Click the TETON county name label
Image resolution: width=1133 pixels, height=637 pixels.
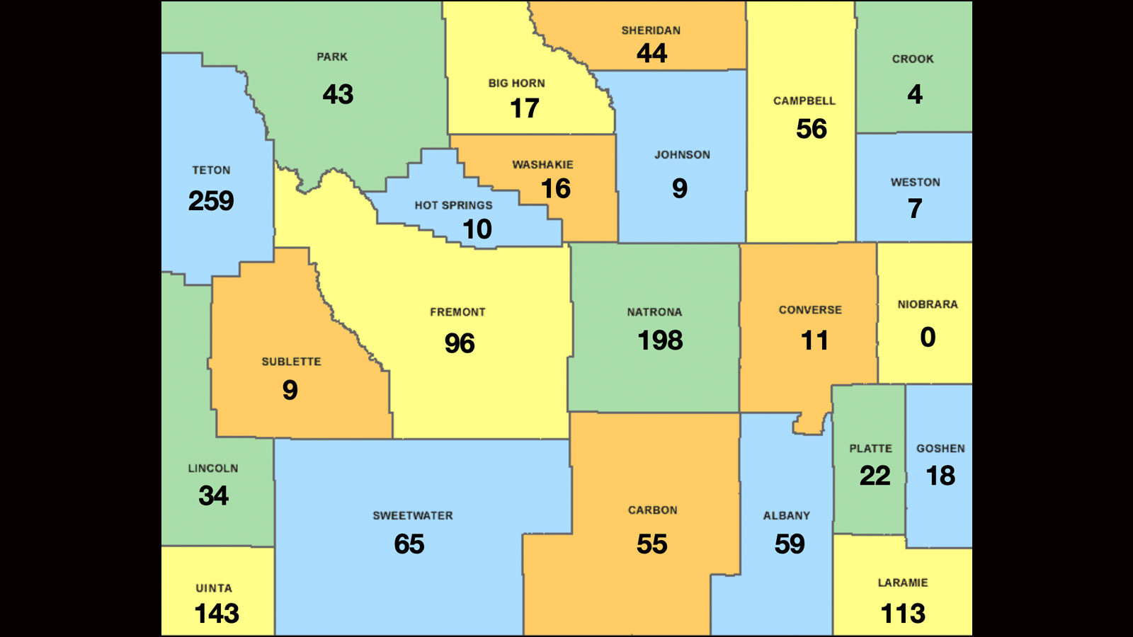tap(211, 170)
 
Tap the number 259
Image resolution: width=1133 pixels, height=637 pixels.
tap(211, 201)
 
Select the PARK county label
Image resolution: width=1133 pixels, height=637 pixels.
tap(332, 57)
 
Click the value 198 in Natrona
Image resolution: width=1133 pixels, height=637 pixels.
tap(660, 340)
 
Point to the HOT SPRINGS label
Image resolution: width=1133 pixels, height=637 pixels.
tap(453, 205)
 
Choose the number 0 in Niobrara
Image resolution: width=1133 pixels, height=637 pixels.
tap(928, 338)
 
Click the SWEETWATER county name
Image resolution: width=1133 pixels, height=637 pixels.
tap(413, 515)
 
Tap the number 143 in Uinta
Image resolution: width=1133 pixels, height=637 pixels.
tap(217, 614)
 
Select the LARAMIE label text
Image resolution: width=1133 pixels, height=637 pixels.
tap(903, 583)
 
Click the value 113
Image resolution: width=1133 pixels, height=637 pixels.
tap(903, 614)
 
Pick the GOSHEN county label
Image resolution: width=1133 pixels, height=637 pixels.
tap(940, 448)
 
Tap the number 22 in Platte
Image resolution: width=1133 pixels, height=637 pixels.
tap(875, 476)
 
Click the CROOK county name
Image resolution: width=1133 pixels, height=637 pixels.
tap(913, 59)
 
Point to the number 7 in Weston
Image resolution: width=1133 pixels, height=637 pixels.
tap(915, 209)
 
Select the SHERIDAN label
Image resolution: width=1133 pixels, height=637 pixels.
tap(651, 30)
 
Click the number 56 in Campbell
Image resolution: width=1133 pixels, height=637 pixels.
tap(812, 129)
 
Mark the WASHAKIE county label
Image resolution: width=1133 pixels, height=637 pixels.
tap(542, 164)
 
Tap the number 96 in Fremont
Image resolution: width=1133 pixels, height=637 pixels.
tap(460, 343)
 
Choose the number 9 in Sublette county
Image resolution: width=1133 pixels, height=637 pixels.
tap(290, 390)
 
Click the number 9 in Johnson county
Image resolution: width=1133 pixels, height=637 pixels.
tap(680, 188)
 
